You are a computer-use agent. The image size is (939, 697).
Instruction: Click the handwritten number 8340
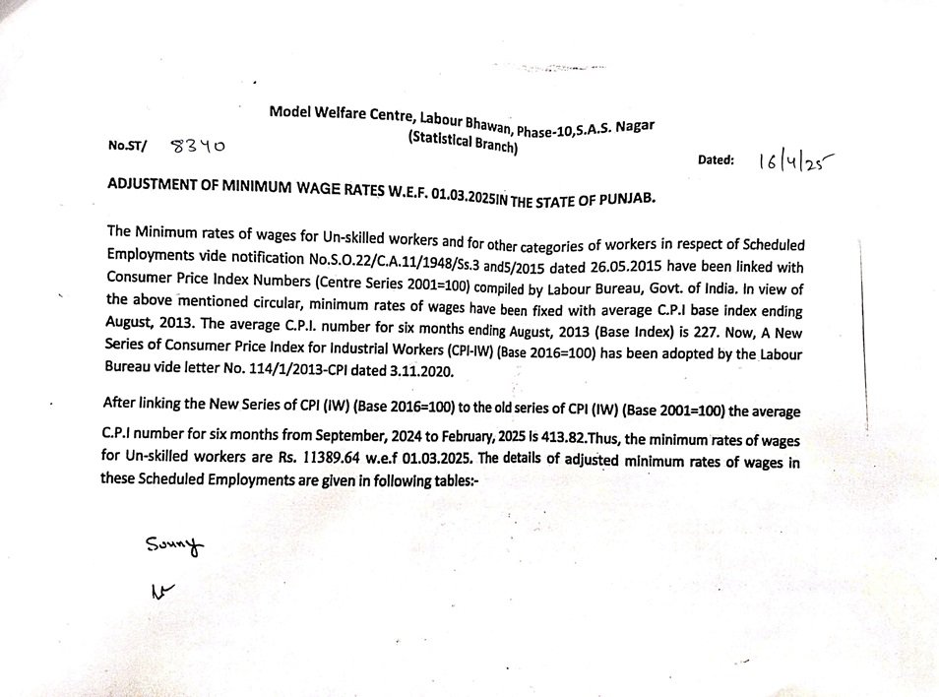(197, 147)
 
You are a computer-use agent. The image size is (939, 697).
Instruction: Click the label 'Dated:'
(716, 159)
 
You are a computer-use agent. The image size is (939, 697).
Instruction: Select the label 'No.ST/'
(128, 146)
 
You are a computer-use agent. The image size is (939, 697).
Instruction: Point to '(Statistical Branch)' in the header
(464, 143)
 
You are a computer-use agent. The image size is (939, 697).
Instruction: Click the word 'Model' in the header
(287, 112)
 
